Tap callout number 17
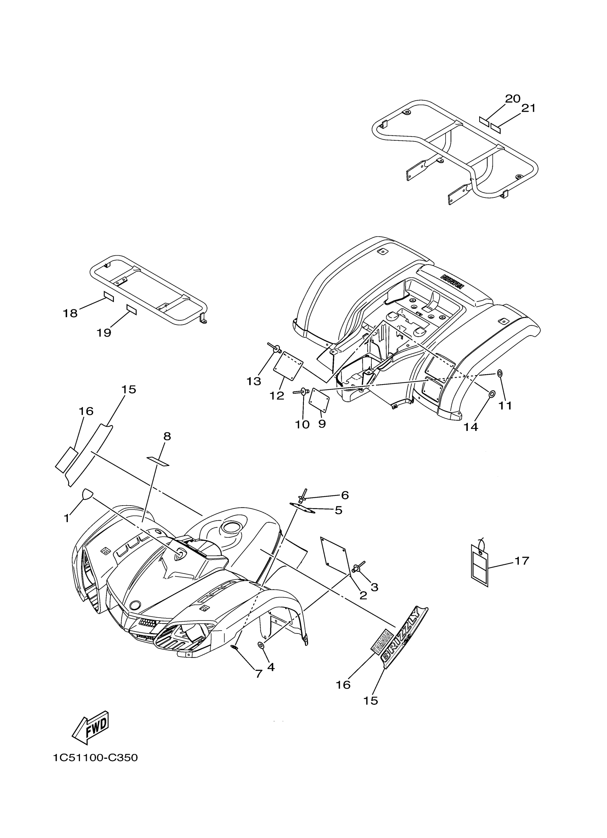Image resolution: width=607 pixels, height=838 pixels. coord(522,561)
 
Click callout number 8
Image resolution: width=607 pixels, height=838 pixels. coord(167,436)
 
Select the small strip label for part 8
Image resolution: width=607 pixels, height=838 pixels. coord(158,461)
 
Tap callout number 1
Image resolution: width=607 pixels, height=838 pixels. coord(66,519)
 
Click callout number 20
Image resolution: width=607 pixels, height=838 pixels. coord(512,99)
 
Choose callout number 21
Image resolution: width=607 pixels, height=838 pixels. coord(528,108)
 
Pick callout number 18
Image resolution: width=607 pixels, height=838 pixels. coord(70,313)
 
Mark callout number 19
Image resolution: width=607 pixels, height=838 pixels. coord(104,333)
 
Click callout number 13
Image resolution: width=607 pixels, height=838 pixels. coord(254,381)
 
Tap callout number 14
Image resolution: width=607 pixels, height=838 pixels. coord(471,427)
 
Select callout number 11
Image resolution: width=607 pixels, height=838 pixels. coord(505,405)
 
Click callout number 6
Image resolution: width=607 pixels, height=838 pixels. coord(345,495)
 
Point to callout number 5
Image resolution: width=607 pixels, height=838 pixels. coord(338,510)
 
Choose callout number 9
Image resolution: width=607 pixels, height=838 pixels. coord(322,424)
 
